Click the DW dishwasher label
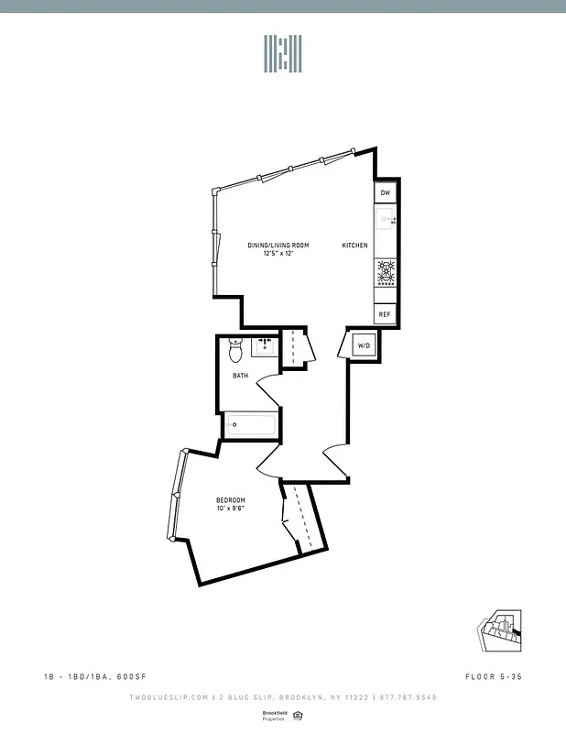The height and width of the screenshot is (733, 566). coord(386,193)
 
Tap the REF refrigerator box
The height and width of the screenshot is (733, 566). coord(386,314)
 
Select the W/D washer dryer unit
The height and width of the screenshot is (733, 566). coord(364,345)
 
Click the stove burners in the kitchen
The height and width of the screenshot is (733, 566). coord(386,273)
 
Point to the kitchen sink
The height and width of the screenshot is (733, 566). coord(386,220)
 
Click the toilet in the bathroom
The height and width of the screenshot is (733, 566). coord(235,349)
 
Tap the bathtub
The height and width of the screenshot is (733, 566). coord(252,423)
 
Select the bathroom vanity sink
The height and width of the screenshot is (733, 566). coord(265,345)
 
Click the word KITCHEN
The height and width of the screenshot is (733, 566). coord(355,246)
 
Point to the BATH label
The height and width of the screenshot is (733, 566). coord(240,376)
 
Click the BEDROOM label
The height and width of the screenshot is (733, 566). coord(231,500)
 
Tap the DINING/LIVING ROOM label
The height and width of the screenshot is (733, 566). coord(278,246)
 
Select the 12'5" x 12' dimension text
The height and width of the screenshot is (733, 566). coord(278,254)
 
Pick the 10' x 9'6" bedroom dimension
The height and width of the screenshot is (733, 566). coord(231,509)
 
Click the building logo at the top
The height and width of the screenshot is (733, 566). coord(283,54)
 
